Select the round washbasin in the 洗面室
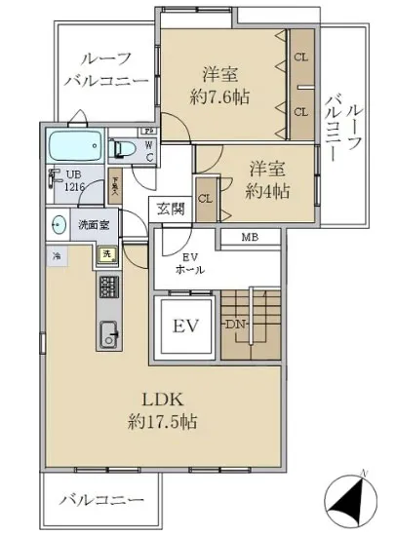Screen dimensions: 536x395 click(x=58, y=222)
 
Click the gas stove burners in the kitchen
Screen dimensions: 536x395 click(x=107, y=287)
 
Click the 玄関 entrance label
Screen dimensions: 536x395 click(x=165, y=208)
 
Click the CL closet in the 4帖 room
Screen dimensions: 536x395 click(x=206, y=199)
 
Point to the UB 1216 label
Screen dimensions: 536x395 click(x=61, y=183)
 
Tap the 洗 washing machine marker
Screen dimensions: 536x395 click(x=105, y=254)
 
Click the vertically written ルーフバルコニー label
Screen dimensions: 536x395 click(x=343, y=127)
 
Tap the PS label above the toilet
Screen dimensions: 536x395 click(x=149, y=132)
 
